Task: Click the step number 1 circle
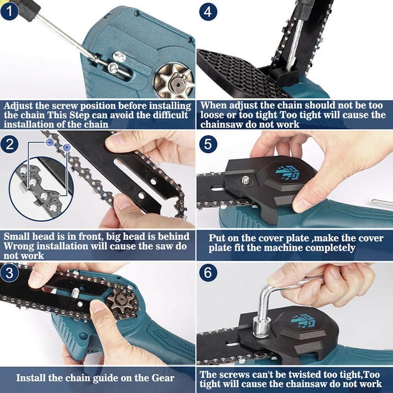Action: (x=9, y=11)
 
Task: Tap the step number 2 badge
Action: (x=9, y=144)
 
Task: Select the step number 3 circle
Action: (x=9, y=273)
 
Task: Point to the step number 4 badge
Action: (x=208, y=11)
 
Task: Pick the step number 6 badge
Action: (x=208, y=273)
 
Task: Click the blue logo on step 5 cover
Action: (x=289, y=173)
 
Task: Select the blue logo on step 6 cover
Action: (x=303, y=320)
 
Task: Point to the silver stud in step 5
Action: (x=245, y=180)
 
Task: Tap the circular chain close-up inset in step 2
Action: (x=41, y=189)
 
